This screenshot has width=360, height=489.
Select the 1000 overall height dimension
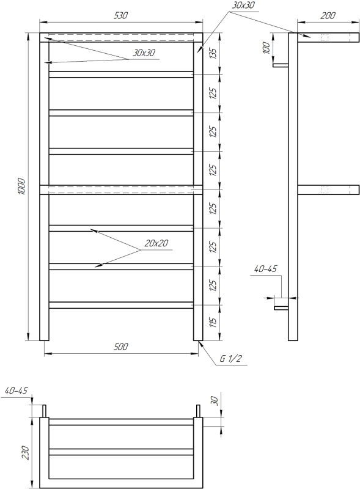pyautogui.click(x=20, y=186)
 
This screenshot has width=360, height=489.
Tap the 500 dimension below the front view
pyautogui.click(x=121, y=347)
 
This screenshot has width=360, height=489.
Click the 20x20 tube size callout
pyautogui.click(x=156, y=243)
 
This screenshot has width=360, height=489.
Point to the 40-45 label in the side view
pyautogui.click(x=264, y=268)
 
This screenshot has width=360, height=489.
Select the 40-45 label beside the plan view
pyautogui.click(x=16, y=389)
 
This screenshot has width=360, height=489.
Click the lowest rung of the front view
pyautogui.click(x=121, y=305)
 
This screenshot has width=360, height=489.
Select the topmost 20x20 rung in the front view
pyautogui.click(x=121, y=75)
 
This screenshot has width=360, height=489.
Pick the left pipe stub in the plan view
pyautogui.click(x=44, y=410)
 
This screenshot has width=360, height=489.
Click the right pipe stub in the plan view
pyautogui.click(x=198, y=410)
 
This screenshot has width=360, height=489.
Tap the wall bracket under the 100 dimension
pyautogui.click(x=281, y=65)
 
